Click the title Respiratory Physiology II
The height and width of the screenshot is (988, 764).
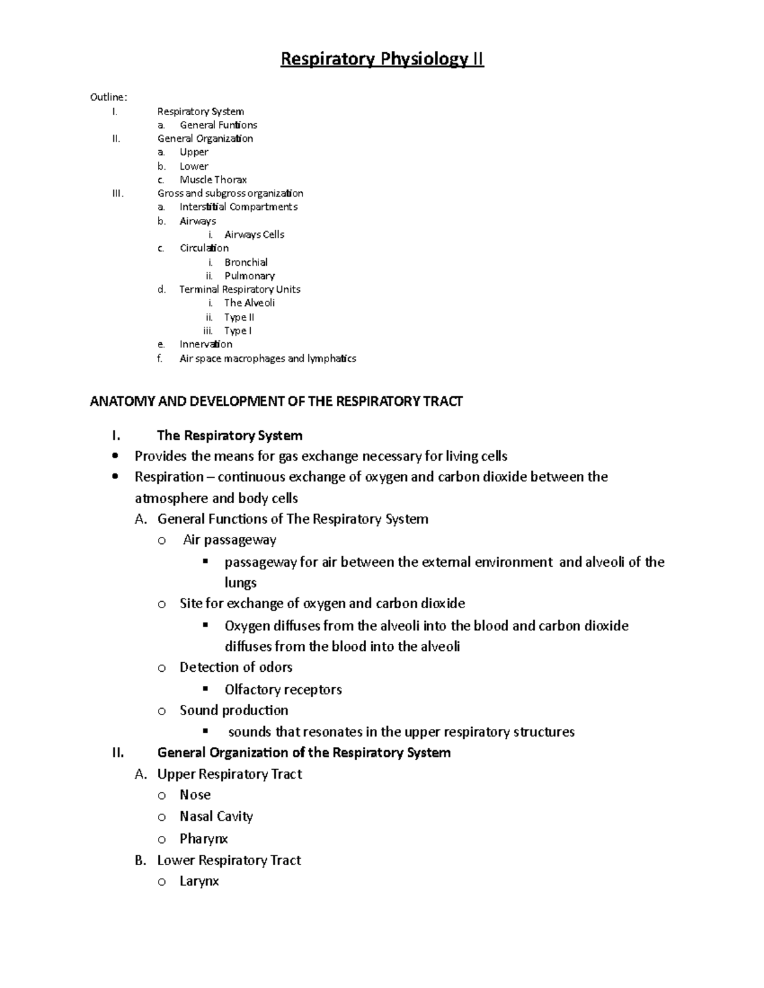[382, 59]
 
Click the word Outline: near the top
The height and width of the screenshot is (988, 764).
[108, 97]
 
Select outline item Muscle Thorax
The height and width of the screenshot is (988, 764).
[213, 179]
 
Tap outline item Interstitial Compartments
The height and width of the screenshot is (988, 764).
[238, 207]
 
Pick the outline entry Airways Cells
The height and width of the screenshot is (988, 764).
[254, 234]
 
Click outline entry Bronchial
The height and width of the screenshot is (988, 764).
[246, 262]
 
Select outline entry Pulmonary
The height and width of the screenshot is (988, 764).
[250, 275]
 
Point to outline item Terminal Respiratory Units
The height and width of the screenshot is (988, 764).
[240, 289]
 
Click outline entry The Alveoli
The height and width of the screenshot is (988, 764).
[249, 303]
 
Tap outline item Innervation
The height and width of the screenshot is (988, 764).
[206, 344]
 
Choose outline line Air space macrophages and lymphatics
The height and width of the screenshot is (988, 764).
[267, 358]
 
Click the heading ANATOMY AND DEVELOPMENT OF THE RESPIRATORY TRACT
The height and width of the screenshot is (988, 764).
[276, 401]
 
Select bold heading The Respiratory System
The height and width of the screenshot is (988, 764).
[229, 436]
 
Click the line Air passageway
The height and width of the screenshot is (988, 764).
[229, 540]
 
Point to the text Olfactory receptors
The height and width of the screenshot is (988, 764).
[283, 690]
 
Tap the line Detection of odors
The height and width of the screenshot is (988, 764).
[236, 667]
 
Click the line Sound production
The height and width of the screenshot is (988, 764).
[234, 710]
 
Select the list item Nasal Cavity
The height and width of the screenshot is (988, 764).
[216, 816]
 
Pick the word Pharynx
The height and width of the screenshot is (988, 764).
[203, 838]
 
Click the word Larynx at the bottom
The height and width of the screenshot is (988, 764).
[199, 881]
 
